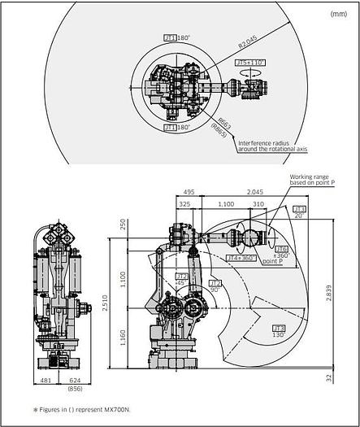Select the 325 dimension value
pos(184,204)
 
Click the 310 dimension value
pos(258,204)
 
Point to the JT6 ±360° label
pos(282,252)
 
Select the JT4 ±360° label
pos(244,258)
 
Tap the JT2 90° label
pos(215,285)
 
